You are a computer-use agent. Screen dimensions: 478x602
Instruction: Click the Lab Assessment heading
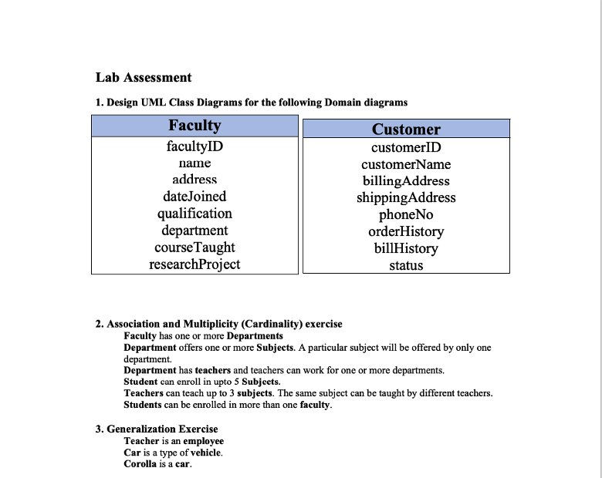(144, 77)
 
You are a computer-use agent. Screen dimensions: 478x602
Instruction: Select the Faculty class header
(194, 126)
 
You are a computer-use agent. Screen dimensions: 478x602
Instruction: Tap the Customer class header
(406, 130)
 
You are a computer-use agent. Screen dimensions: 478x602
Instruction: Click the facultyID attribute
(194, 146)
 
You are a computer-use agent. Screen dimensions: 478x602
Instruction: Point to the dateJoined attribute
(194, 197)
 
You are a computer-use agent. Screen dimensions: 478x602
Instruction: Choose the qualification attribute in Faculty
(194, 214)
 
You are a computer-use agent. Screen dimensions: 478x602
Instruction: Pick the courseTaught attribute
(194, 247)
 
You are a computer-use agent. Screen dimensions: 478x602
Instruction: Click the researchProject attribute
(194, 264)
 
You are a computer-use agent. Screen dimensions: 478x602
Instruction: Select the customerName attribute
(406, 164)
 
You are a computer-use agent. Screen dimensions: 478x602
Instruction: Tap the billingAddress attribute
(406, 181)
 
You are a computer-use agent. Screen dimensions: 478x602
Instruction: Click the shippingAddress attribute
(406, 197)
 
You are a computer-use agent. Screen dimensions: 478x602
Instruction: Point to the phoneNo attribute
(406, 214)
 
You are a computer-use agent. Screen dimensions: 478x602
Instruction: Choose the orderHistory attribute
(406, 231)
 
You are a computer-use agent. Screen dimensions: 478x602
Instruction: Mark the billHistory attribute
(406, 248)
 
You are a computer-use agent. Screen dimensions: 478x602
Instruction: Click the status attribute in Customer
(406, 266)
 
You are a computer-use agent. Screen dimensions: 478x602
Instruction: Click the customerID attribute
(406, 147)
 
